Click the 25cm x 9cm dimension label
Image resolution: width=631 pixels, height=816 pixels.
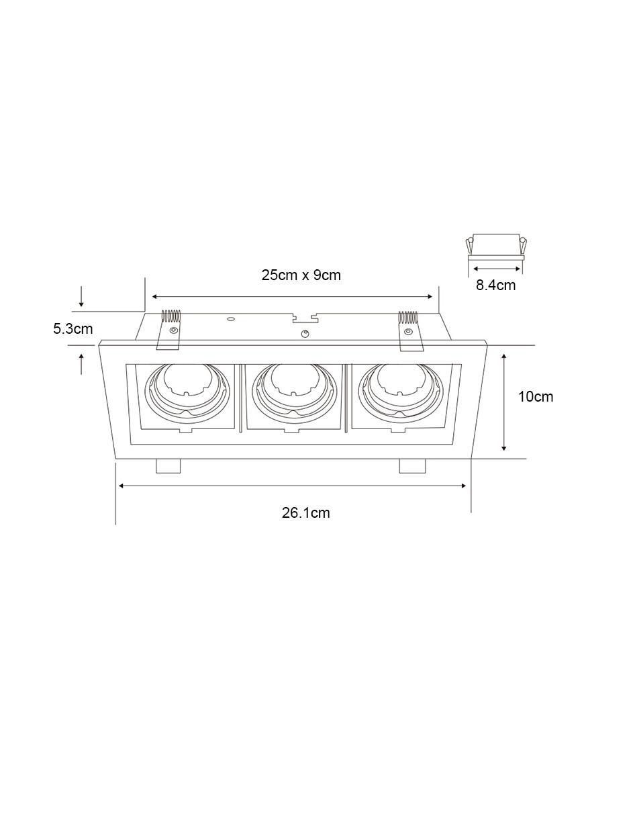tap(301, 275)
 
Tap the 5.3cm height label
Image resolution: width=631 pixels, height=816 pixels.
tap(72, 329)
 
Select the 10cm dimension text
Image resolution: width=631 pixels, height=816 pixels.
tap(536, 396)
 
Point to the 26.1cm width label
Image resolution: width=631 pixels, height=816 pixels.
tap(305, 512)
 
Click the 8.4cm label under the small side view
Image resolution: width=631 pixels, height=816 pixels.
tap(495, 285)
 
